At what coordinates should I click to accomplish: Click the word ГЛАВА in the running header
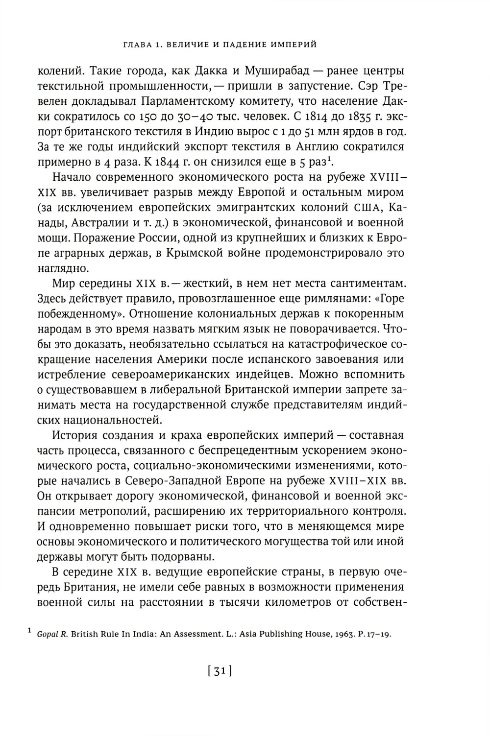(136, 45)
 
